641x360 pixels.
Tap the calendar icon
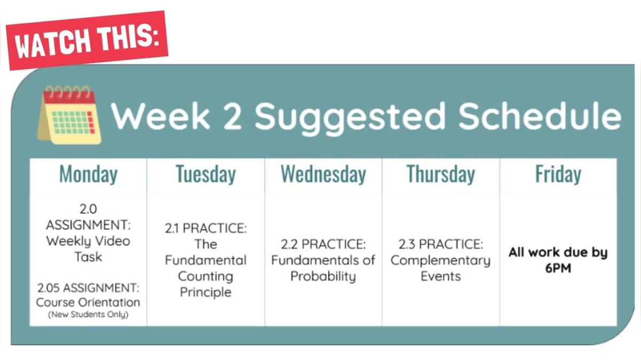(x=68, y=116)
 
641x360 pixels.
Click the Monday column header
(x=88, y=175)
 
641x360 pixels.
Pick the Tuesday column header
(x=206, y=175)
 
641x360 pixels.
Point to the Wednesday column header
(x=323, y=175)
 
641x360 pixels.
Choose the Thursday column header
(x=441, y=175)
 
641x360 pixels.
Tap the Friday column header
(x=558, y=175)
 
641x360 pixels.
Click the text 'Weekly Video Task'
(x=88, y=248)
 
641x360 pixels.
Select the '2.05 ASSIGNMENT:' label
(x=88, y=288)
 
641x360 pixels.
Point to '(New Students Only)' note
(x=88, y=315)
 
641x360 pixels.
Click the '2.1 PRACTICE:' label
(x=206, y=228)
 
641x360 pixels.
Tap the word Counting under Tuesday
(x=206, y=276)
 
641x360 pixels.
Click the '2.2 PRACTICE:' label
(x=323, y=244)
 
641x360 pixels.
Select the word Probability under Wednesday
(x=323, y=276)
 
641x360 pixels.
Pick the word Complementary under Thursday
(x=441, y=261)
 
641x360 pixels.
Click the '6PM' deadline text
(x=558, y=268)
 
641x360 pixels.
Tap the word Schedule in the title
(x=540, y=116)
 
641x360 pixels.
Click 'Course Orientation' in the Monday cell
(x=88, y=302)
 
